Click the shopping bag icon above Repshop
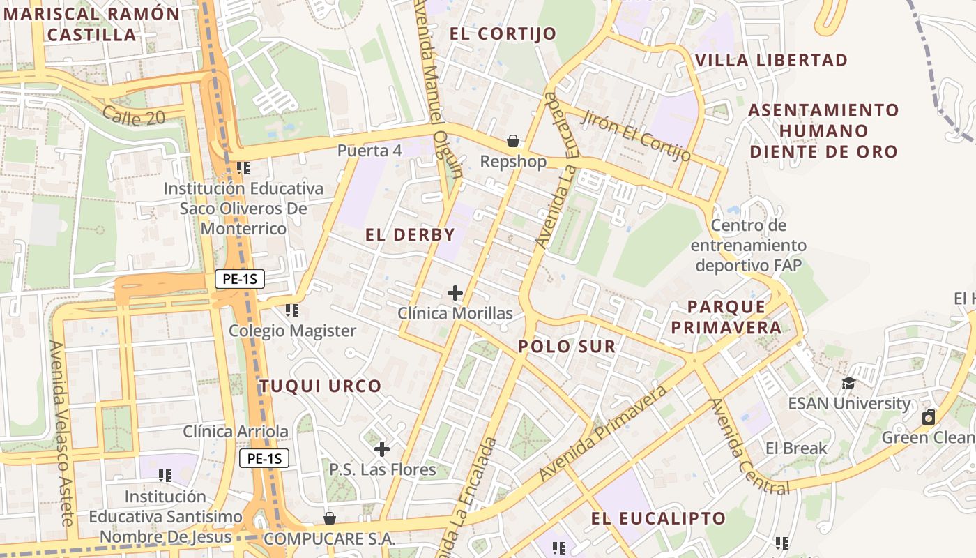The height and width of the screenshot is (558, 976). point(513,142)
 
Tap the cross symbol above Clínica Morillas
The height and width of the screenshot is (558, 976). point(455,293)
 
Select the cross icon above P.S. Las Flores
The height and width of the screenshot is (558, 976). point(381,448)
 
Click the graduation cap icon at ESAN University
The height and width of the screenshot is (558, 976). point(848,383)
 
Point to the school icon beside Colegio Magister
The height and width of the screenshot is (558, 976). point(291,310)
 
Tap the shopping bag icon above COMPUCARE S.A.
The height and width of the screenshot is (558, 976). point(330,518)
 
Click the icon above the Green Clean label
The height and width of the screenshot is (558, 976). point(928,418)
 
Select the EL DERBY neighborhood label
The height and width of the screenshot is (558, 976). point(410,235)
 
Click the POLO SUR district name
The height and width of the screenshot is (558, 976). point(567,347)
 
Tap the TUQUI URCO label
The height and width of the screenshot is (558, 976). point(321,386)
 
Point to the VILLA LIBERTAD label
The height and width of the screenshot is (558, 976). point(772,60)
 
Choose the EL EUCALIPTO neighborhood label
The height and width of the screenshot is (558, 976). point(658,518)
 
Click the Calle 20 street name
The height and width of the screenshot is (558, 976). point(134,116)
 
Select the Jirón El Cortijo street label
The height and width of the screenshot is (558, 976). point(636,136)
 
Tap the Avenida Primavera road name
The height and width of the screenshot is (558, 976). point(603,435)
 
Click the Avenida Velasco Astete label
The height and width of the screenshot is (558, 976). point(61,432)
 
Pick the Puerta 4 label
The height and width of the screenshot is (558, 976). point(369,151)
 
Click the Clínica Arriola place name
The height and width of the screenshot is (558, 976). point(236,432)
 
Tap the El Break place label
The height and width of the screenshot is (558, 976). point(796,448)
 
